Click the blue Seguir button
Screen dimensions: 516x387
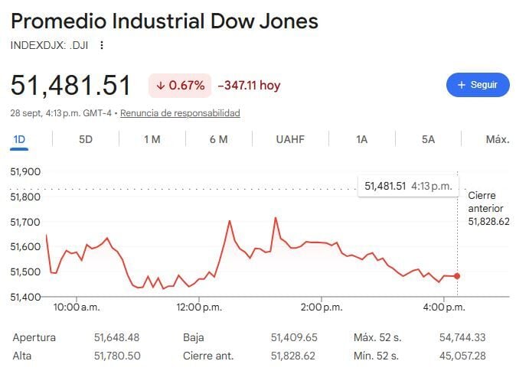(478, 85)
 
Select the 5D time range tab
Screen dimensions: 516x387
(86, 139)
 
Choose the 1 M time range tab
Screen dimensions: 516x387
(152, 139)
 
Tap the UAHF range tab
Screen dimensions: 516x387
(290, 139)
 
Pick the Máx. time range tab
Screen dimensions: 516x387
(498, 139)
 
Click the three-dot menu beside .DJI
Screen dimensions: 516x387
(102, 45)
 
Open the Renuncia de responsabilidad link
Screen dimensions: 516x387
(180, 113)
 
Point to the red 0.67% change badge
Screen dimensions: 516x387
(180, 86)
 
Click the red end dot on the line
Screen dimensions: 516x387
(457, 276)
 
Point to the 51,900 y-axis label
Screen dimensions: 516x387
(25, 171)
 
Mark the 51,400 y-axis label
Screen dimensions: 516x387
(25, 298)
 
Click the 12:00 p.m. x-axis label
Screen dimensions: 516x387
(199, 307)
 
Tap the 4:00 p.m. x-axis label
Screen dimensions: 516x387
(444, 307)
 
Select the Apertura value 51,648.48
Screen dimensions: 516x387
(117, 337)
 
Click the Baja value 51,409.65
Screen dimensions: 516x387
(294, 337)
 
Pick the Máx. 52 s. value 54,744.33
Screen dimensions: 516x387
(462, 337)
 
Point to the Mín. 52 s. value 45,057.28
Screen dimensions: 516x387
(462, 356)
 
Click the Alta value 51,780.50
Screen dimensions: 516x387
(117, 356)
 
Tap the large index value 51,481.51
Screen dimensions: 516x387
(70, 86)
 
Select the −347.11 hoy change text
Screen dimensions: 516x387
(249, 86)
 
